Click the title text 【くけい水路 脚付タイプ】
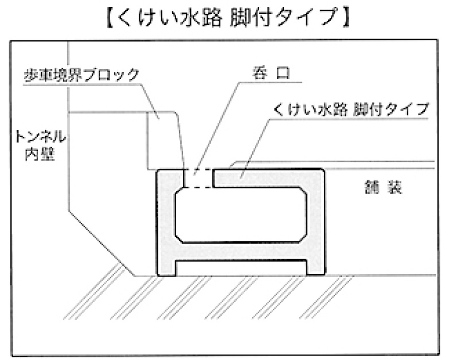coord(228,18)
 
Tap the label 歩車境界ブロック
coord(82,74)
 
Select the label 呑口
coord(271,73)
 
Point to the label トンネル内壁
coord(40,145)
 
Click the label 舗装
coord(383,187)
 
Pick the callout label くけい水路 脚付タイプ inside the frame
coord(351,109)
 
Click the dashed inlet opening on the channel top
coord(198,179)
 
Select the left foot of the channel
coord(167,268)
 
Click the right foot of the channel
coord(315,268)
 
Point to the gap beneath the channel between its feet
coord(241,268)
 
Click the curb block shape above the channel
coord(166,141)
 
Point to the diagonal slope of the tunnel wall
coord(102,244)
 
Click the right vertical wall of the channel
coord(315,222)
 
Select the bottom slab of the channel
coord(241,251)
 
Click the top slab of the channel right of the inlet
coord(269,179)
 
